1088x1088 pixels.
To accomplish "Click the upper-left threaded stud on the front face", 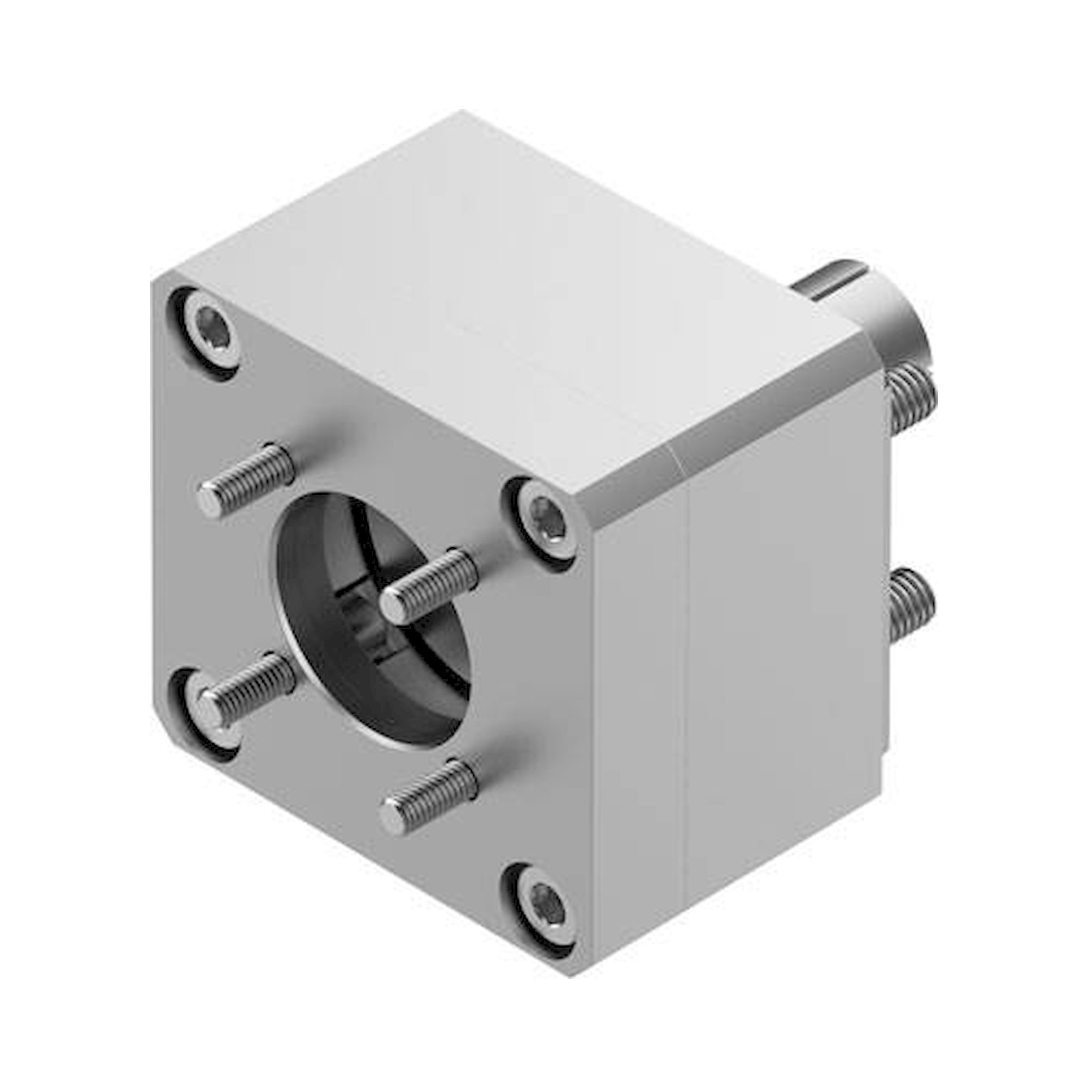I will point(248,480).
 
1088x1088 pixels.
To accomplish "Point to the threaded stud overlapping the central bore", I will point(429,586).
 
